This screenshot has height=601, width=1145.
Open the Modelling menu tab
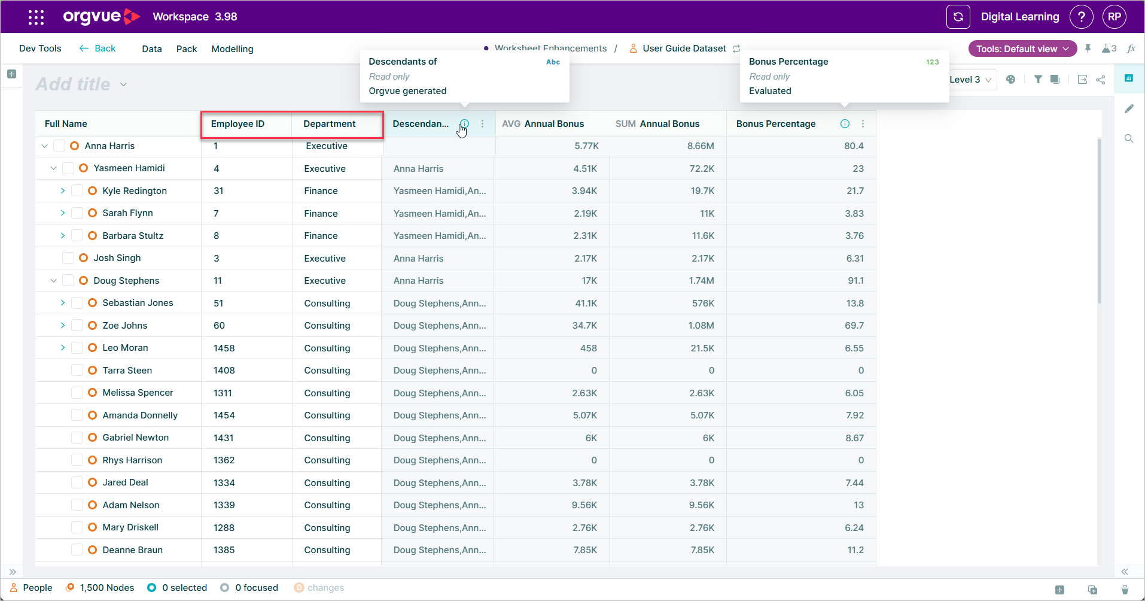coord(232,49)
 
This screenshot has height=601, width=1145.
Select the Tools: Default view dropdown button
coord(1022,49)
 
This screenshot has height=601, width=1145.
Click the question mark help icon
coord(1081,17)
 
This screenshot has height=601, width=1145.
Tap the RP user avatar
coord(1114,17)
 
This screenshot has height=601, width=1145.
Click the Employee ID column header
coord(237,124)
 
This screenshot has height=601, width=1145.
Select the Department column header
coord(329,124)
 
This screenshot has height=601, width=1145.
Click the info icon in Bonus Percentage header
coord(845,124)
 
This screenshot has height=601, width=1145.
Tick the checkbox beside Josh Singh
coord(68,258)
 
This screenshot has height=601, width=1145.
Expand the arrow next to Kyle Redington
coord(62,191)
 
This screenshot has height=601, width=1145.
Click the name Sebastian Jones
coord(138,303)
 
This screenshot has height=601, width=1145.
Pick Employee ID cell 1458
coord(224,348)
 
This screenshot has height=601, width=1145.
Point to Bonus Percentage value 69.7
coord(854,326)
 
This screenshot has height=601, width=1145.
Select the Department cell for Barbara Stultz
coord(321,236)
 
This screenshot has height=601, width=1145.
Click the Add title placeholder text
coord(73,84)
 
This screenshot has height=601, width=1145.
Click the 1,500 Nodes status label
coord(107,588)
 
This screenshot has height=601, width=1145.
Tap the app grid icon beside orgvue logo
coord(36,17)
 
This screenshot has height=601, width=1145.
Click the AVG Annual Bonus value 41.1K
coord(586,303)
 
